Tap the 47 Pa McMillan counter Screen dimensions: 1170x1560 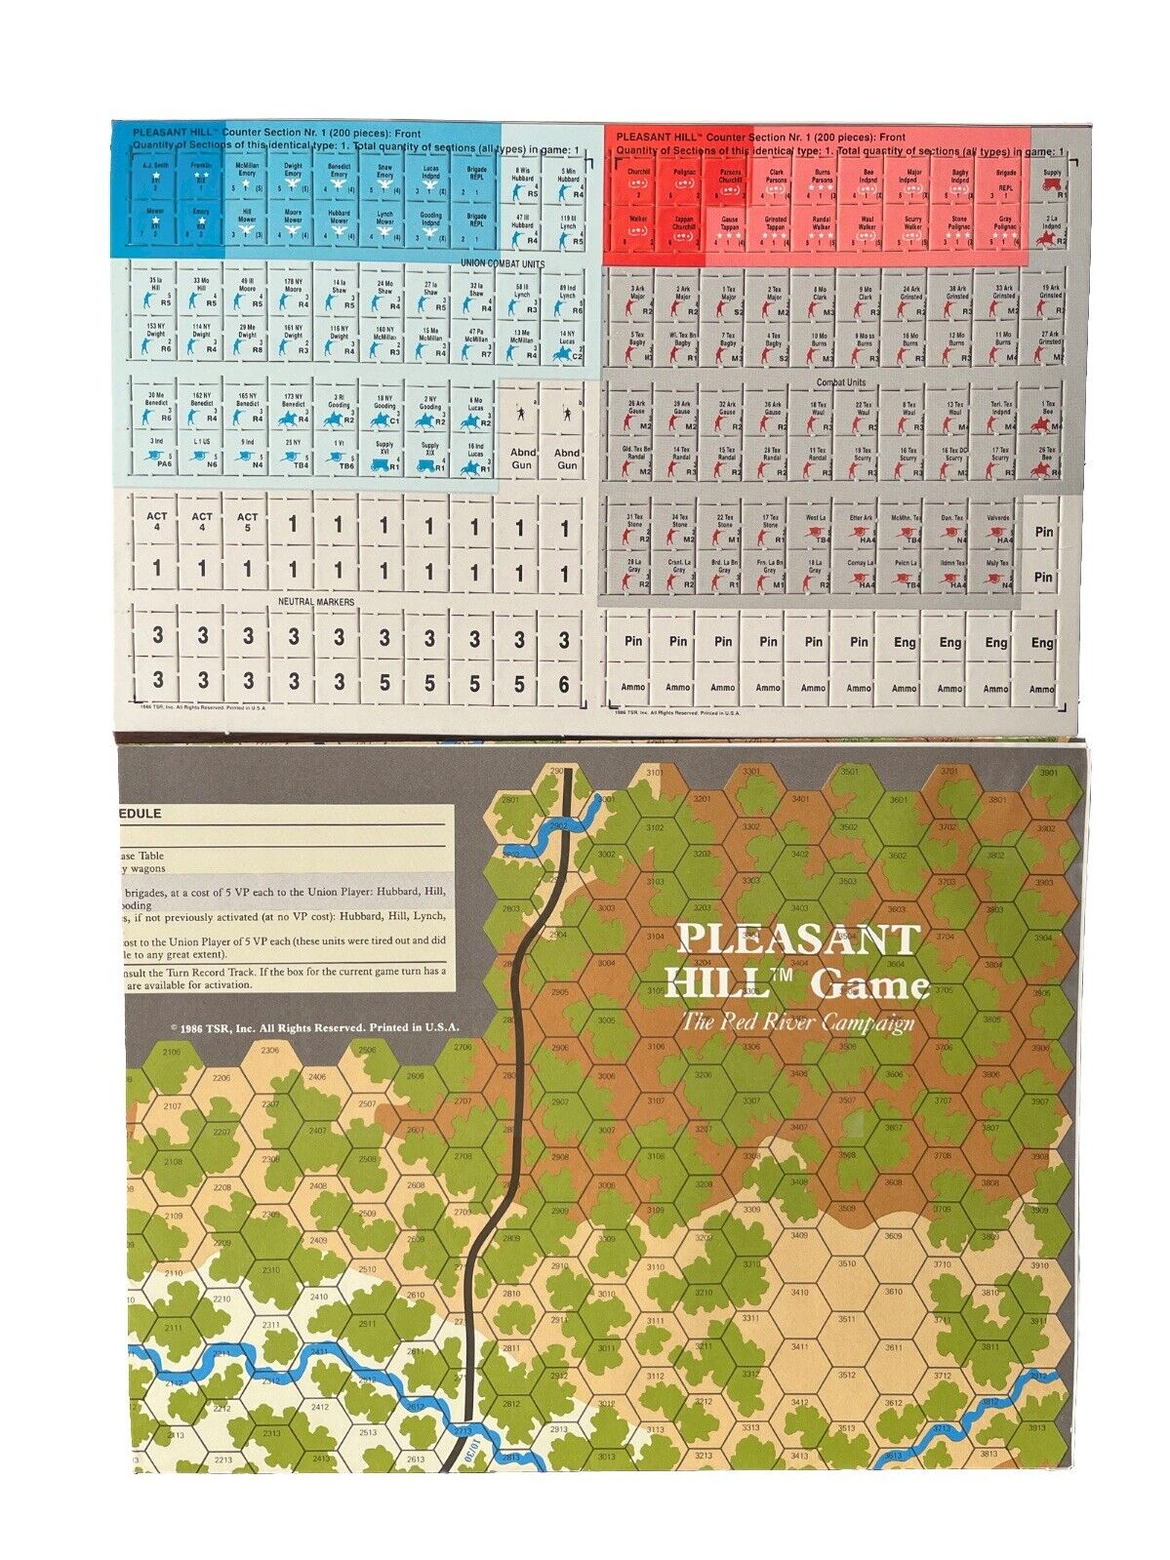click(475, 344)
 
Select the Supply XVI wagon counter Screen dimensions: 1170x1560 click(383, 455)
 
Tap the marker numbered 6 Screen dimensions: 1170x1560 click(564, 686)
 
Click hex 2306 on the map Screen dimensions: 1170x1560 click(270, 1050)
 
